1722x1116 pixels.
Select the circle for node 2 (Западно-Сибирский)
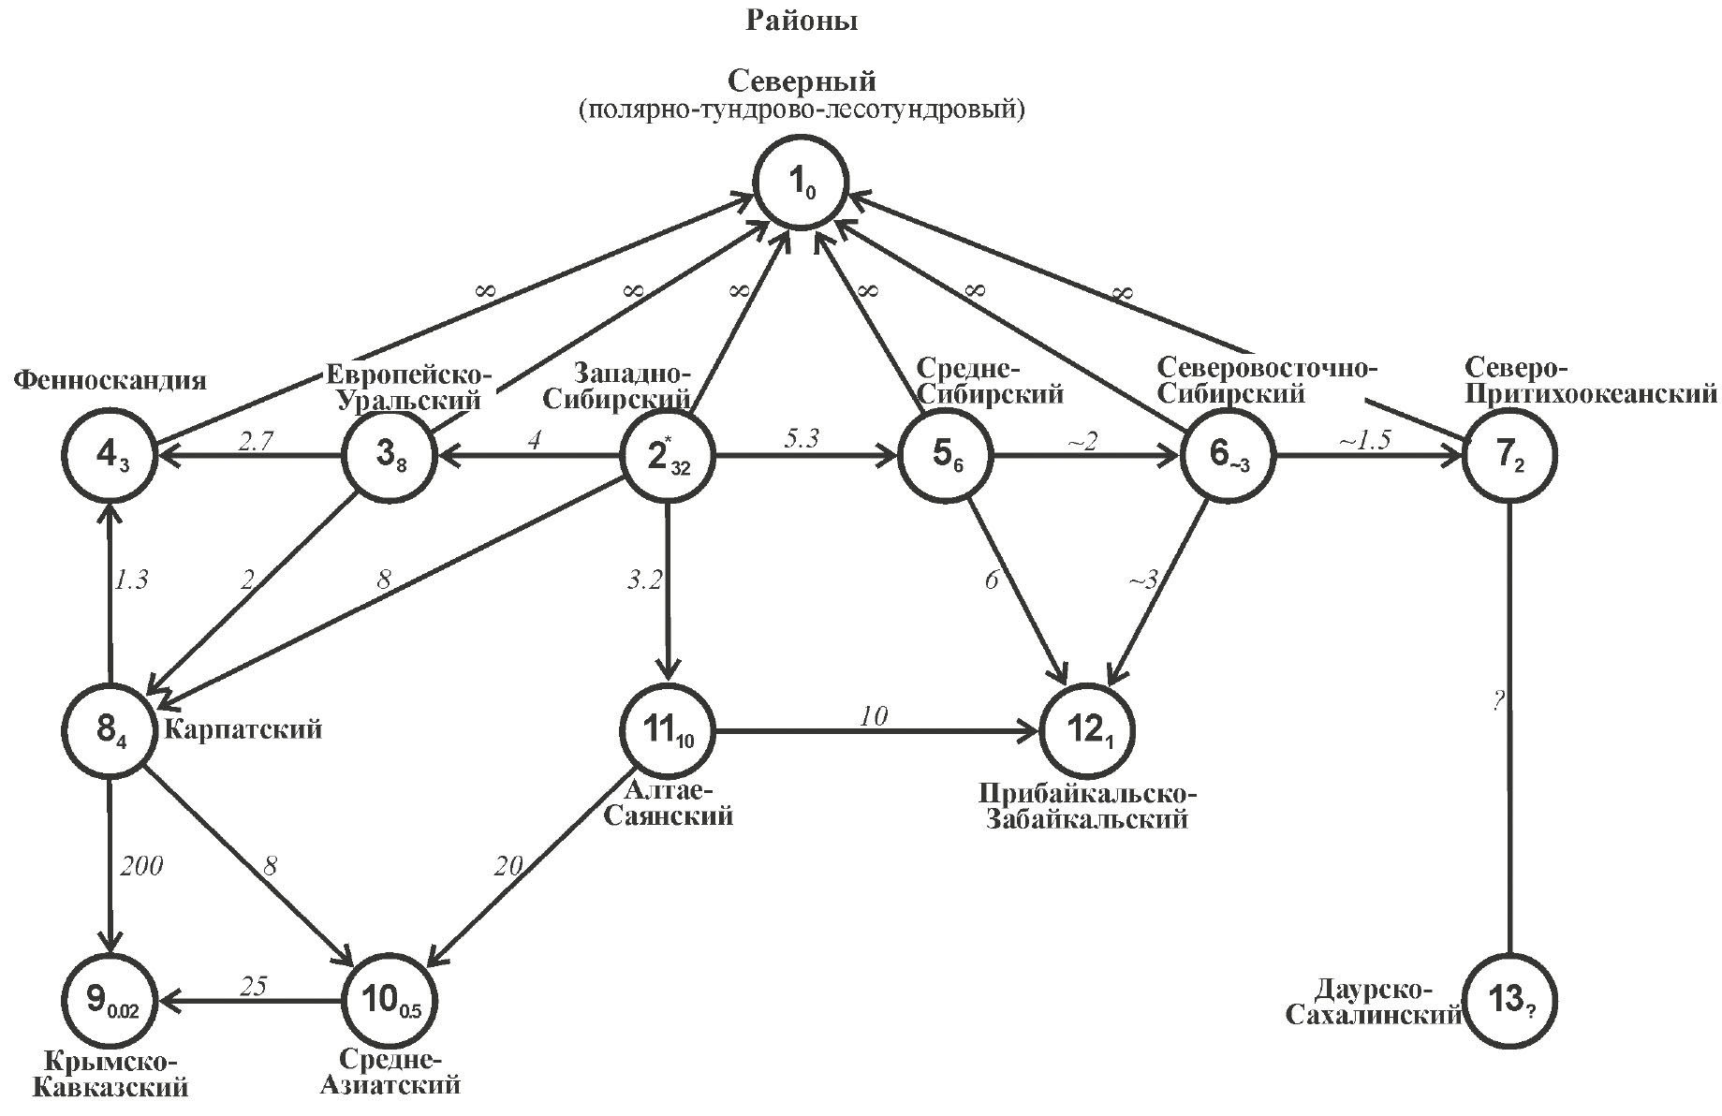click(668, 458)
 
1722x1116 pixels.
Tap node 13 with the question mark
click(1509, 1000)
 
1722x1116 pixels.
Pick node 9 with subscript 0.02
click(110, 1000)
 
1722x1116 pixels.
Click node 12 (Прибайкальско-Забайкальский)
click(1086, 729)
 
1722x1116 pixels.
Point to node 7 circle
click(1509, 456)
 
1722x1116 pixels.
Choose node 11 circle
click(668, 729)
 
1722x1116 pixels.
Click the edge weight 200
click(141, 866)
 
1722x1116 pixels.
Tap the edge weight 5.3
click(802, 438)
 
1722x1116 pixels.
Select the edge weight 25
click(253, 986)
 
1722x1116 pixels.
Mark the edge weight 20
click(508, 866)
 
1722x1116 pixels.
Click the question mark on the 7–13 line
click(1497, 700)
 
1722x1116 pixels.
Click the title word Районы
click(802, 21)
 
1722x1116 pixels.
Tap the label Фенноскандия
click(110, 381)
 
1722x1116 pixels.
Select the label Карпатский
click(243, 728)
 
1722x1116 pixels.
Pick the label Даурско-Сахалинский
click(1374, 1003)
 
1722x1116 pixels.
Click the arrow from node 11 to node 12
click(876, 729)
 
